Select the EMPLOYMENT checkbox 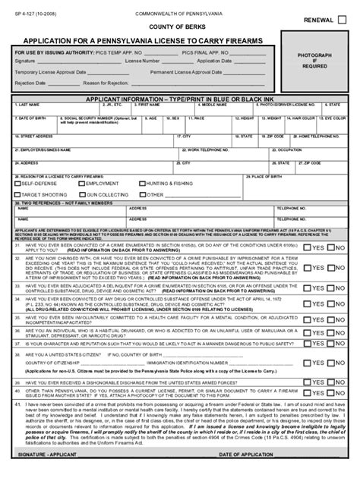(x=81, y=184)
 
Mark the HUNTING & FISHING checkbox (x=144, y=184)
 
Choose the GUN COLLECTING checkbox (x=81, y=194)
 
